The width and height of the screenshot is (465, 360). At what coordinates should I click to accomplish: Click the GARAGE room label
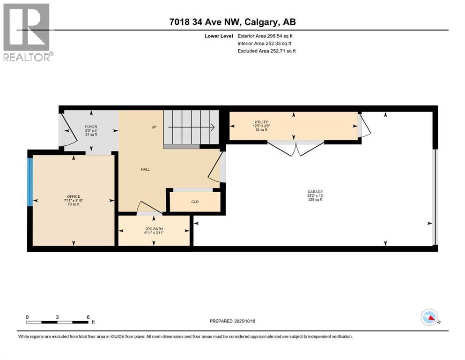click(315, 192)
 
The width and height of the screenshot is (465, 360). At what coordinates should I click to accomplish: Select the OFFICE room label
click(73, 196)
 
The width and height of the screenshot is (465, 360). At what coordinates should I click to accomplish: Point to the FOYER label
click(91, 127)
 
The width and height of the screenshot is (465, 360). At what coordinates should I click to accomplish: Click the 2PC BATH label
click(154, 229)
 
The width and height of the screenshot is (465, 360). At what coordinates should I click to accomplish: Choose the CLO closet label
click(195, 202)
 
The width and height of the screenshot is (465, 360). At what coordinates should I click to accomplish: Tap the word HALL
click(145, 169)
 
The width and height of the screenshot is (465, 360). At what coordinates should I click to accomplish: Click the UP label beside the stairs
click(153, 127)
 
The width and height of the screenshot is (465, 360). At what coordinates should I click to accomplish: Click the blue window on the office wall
click(30, 182)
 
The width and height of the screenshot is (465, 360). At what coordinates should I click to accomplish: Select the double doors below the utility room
click(295, 149)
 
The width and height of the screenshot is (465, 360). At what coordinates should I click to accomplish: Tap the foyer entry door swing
click(68, 131)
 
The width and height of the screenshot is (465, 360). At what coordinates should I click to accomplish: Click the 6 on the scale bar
click(88, 317)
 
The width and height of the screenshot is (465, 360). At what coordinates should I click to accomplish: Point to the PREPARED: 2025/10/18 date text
click(232, 321)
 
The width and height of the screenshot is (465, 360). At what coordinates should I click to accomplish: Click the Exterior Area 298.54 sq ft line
click(266, 36)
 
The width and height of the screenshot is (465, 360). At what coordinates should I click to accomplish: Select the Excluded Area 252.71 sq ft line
click(266, 51)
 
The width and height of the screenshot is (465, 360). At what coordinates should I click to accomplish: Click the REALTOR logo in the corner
click(27, 32)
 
